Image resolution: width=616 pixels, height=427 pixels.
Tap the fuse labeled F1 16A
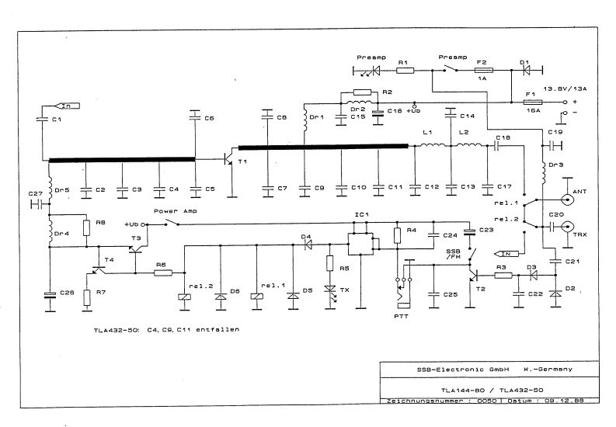(534, 102)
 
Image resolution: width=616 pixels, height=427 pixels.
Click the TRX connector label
(579, 234)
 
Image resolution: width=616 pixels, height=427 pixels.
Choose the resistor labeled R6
(162, 273)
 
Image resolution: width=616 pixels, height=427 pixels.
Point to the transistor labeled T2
(472, 273)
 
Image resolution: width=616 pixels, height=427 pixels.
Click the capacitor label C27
(35, 193)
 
